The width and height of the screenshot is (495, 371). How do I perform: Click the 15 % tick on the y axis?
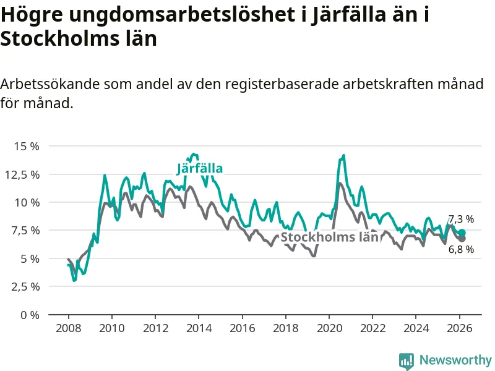coord(25,147)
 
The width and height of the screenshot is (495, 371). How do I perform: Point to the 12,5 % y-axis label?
coord(22,174)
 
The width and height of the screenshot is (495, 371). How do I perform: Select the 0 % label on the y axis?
coord(30,315)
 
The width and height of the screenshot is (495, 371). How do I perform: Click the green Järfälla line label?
coord(200,168)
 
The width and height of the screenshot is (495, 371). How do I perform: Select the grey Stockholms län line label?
coord(329,237)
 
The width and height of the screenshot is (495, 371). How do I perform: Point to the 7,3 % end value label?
coord(461,219)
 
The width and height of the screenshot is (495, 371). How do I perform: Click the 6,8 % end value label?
coord(461,249)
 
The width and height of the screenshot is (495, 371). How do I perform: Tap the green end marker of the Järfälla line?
coord(462,232)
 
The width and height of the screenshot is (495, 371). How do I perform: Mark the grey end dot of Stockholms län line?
coord(462,239)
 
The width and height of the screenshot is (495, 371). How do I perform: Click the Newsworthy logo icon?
coord(407,360)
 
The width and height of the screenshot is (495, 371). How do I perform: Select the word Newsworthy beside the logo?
coord(455,360)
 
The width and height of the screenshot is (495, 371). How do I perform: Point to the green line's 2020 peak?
coord(343,155)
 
